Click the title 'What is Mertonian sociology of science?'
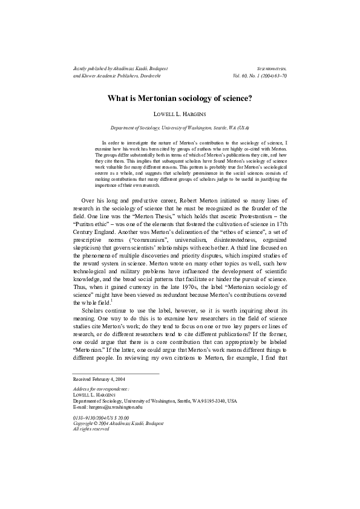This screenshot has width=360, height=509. (x=180, y=97)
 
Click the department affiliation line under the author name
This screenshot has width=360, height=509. (x=180, y=128)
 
